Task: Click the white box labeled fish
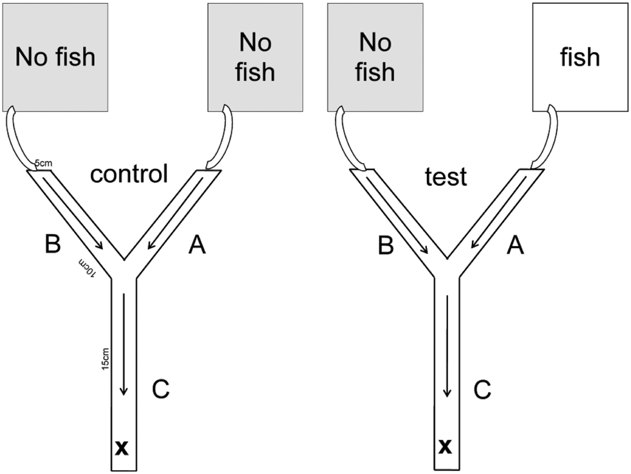point(580,57)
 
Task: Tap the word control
point(129,173)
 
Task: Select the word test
point(446,176)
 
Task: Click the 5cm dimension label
point(44,164)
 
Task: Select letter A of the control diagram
point(197,245)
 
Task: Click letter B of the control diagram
point(53,245)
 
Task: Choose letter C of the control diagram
point(160,389)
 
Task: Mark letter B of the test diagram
point(385,245)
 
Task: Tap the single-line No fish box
point(55,57)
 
